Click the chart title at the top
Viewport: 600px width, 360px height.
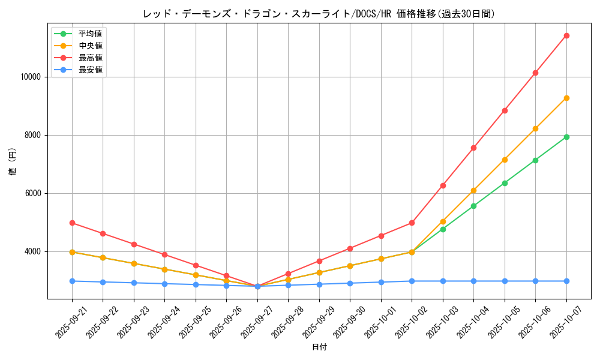(319, 14)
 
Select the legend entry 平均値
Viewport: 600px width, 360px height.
(91, 34)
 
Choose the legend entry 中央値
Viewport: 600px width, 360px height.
(91, 46)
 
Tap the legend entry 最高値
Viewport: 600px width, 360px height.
(91, 58)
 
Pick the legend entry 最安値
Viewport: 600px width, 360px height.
(91, 70)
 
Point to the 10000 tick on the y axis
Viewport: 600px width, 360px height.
(30, 77)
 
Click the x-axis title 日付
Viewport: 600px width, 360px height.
(319, 347)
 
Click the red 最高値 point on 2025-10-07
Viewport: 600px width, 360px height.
(566, 35)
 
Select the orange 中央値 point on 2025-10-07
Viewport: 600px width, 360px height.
(566, 98)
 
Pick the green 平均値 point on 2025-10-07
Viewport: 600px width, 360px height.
(566, 137)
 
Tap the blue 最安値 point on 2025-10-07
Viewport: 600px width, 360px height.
(566, 281)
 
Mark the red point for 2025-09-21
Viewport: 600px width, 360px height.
(72, 223)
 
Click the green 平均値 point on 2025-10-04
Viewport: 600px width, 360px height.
(473, 206)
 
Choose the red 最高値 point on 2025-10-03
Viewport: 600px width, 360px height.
(443, 185)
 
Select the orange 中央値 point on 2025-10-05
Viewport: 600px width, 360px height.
(505, 160)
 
